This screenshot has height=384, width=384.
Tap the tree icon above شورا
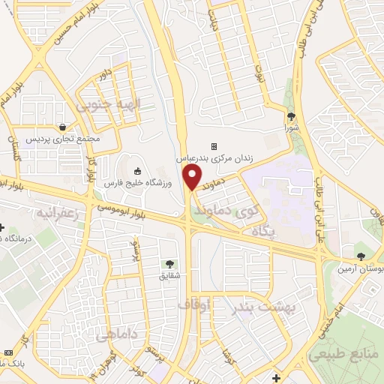coord(291,116)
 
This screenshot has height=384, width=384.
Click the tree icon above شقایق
coord(169,264)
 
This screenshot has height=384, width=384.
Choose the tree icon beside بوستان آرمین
coord(361,256)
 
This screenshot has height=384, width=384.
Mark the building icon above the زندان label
coord(214,146)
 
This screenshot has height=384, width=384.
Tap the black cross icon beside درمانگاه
coord(2,227)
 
